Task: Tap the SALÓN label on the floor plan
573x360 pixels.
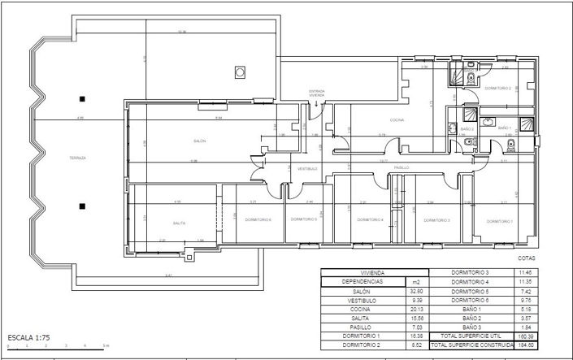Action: click(199, 141)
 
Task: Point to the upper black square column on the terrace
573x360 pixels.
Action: click(81, 99)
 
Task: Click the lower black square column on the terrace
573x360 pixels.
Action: click(81, 205)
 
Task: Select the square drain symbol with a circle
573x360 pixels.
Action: click(240, 72)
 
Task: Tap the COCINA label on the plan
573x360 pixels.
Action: click(397, 120)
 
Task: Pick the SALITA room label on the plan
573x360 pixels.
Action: click(180, 223)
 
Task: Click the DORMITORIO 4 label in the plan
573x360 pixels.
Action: click(370, 219)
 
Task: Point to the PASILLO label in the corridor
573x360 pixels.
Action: click(401, 167)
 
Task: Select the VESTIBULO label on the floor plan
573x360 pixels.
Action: click(306, 168)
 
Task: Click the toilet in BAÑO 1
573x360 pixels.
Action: click(511, 146)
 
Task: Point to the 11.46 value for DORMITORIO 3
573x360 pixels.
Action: click(526, 272)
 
